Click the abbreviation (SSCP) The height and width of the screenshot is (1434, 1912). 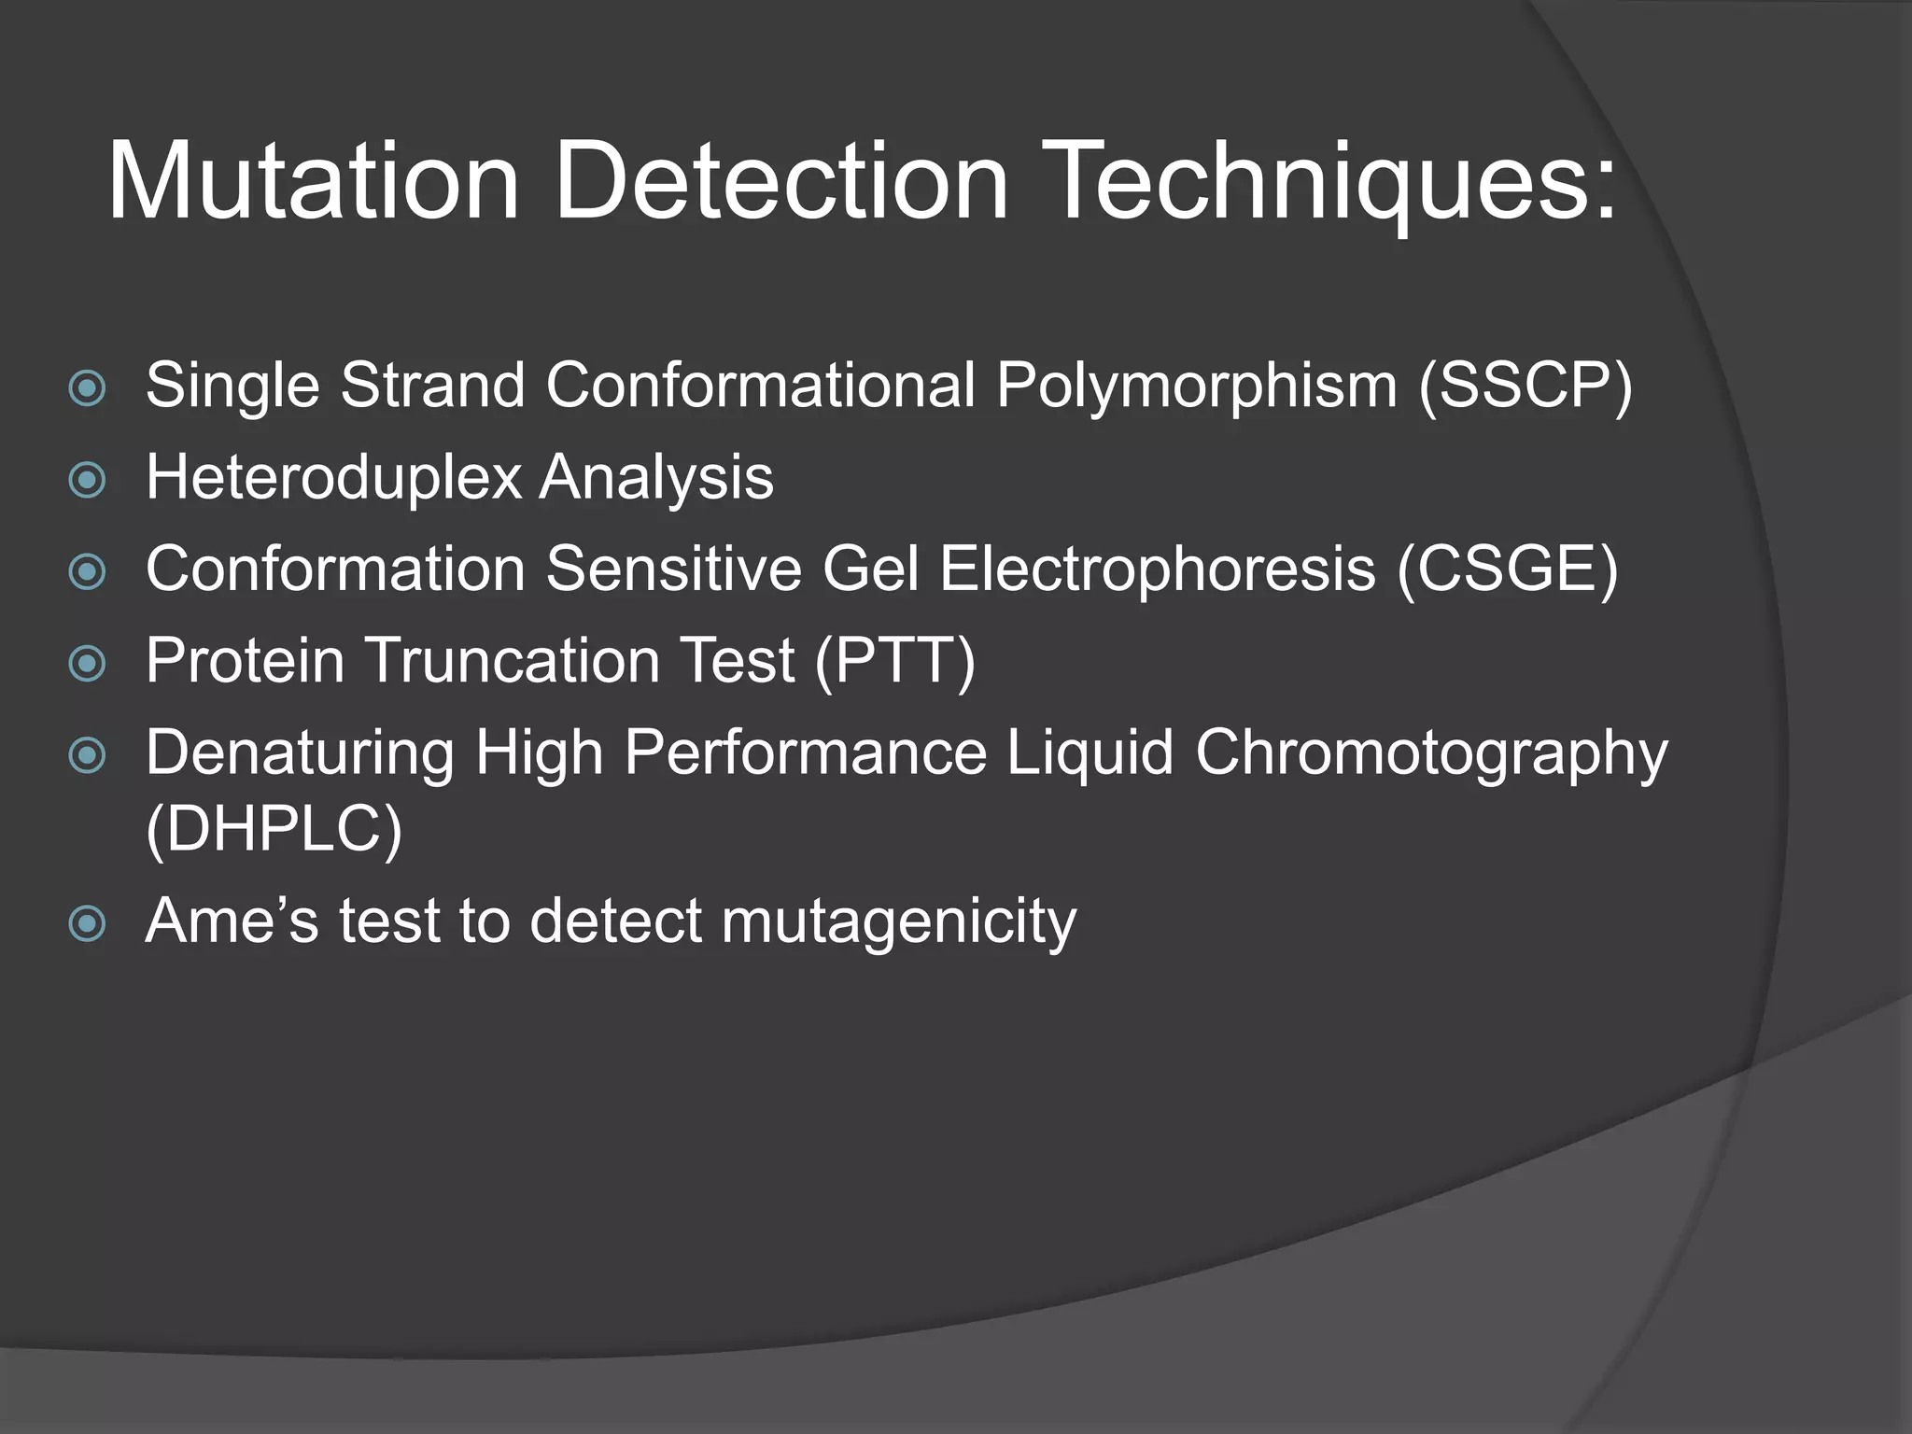coord(1525,385)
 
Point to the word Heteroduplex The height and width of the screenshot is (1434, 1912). coord(333,478)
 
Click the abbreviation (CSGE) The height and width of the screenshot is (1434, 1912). coord(1507,569)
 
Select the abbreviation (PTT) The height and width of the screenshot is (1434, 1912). coord(894,661)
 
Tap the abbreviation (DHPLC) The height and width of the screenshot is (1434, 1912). coord(274,828)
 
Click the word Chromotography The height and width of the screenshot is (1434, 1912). coord(1430,752)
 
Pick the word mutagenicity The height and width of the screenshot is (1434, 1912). coord(898,921)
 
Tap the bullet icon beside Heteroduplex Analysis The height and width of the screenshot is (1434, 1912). coord(88,480)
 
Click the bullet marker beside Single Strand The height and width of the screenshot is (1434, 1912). coord(88,388)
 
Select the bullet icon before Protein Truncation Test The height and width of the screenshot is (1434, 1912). coord(88,664)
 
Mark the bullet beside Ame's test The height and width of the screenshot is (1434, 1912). coord(88,924)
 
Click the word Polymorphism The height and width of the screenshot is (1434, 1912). coord(1196,385)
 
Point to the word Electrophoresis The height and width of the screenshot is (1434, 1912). coord(1157,569)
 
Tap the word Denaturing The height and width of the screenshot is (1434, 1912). coord(300,752)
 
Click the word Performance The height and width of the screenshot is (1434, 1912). coord(805,752)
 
